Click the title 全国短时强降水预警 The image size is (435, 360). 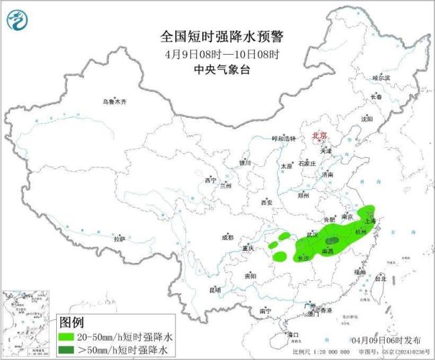coord(217,36)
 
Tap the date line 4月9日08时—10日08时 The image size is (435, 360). coord(217,54)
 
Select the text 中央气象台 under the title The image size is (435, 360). coord(217,69)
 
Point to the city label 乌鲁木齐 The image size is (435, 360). coord(114,102)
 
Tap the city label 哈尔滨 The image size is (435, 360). coord(381,78)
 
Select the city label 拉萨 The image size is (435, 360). coord(119,239)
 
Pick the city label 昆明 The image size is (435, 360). coord(214,290)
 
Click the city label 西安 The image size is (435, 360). coord(267,201)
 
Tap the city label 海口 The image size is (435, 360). coord(292,334)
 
